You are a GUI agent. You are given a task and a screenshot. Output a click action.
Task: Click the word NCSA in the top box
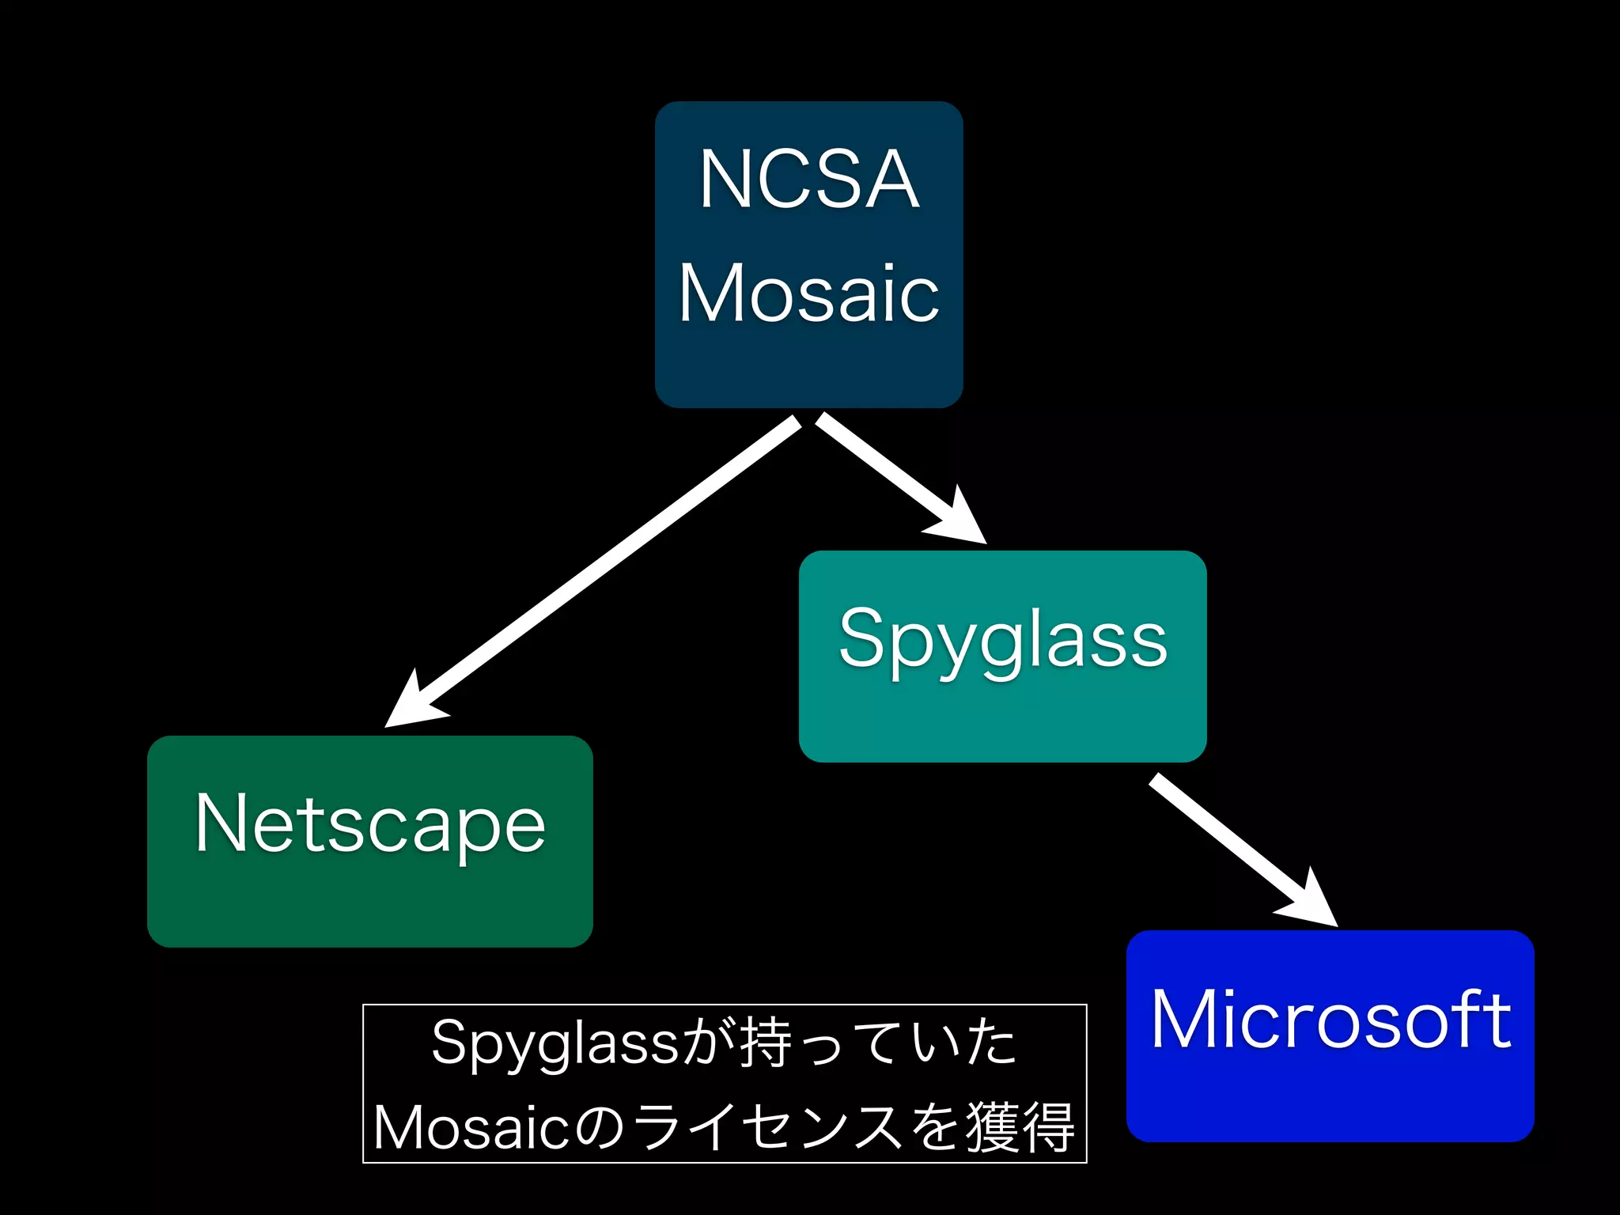[808, 180]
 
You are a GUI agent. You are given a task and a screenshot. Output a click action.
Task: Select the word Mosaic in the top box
[808, 293]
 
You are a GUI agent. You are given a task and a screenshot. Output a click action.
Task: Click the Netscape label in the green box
[370, 824]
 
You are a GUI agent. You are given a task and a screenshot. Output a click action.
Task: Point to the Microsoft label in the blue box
[1330, 1020]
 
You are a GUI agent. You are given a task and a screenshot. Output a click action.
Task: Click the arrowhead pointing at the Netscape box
[411, 704]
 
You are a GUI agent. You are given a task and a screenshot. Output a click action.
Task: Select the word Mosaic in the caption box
[470, 1127]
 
